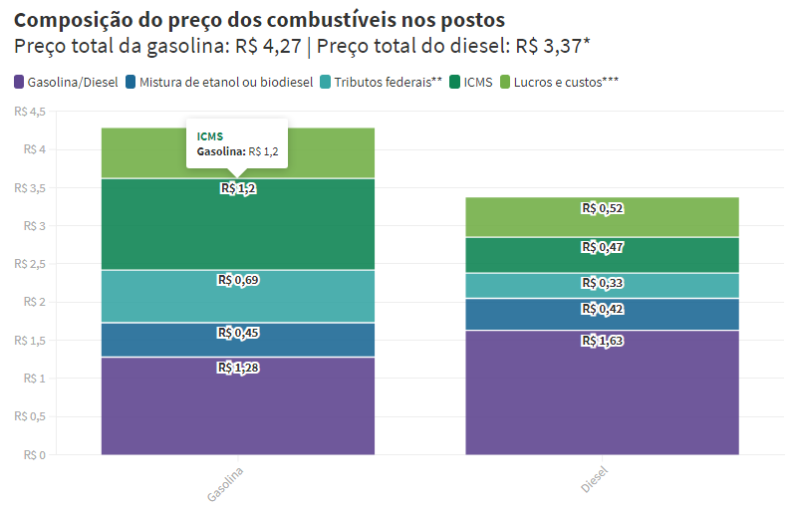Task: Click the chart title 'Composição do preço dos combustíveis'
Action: coord(259,20)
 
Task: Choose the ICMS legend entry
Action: coord(471,83)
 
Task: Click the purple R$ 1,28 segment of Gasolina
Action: coord(237,408)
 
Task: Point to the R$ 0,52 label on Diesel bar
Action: coord(602,208)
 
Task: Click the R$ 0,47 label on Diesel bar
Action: coord(602,247)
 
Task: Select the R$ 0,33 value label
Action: coord(602,284)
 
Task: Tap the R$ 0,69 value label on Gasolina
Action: coord(237,280)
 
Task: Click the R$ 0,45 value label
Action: coord(237,333)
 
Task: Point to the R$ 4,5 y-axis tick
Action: coord(30,112)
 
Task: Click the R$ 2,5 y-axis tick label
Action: coord(30,264)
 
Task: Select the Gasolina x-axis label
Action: coord(225,482)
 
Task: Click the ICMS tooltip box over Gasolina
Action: coord(237,143)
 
